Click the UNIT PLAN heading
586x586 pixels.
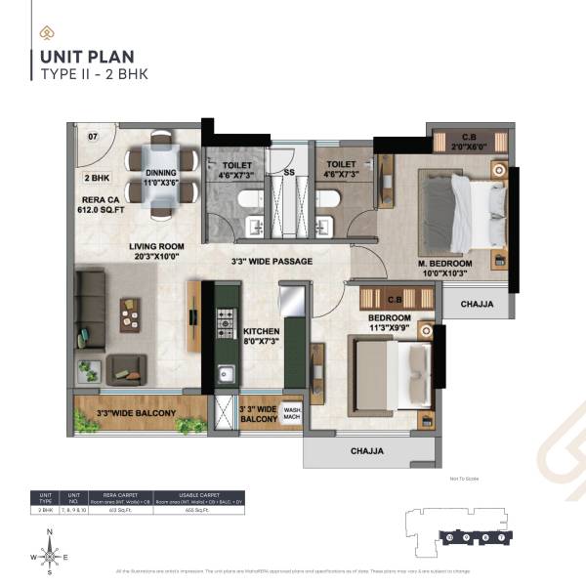(87, 58)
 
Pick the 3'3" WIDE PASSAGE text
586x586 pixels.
(272, 262)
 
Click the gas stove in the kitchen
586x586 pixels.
(226, 318)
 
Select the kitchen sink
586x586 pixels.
(226, 372)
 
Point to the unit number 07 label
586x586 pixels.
(93, 136)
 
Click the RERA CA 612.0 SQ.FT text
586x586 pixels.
(101, 206)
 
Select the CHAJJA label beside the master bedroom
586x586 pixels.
(476, 304)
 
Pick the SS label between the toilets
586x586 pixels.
(288, 172)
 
